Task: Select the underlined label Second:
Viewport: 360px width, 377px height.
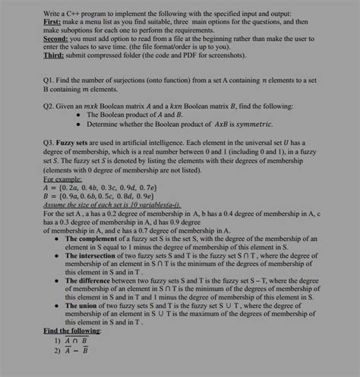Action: pos(36,43)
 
